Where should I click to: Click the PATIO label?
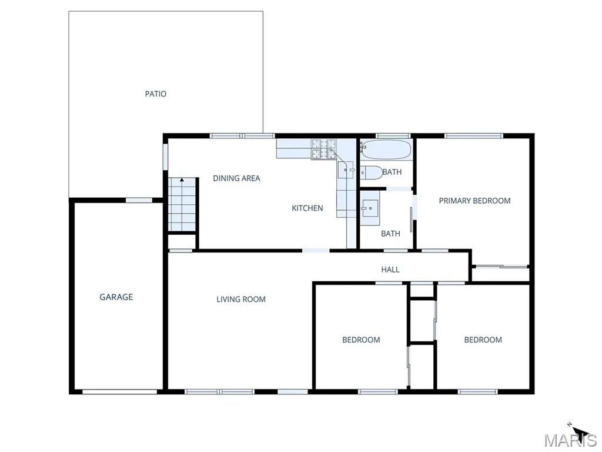click(x=155, y=94)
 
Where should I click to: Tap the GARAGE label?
click(x=116, y=297)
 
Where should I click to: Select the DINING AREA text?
click(x=236, y=178)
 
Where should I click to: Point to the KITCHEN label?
click(x=307, y=208)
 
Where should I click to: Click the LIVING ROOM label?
click(x=240, y=299)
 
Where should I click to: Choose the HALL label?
click(x=390, y=270)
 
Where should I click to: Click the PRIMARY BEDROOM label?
click(x=474, y=201)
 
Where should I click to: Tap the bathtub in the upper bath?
click(x=386, y=150)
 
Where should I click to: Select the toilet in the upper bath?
click(x=372, y=172)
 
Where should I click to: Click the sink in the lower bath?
click(x=370, y=209)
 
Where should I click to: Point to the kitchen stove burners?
click(x=323, y=149)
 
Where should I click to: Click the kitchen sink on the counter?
click(x=346, y=170)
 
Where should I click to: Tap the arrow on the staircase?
click(x=182, y=180)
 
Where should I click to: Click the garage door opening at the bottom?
click(x=120, y=391)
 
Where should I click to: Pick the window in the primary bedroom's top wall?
click(x=473, y=136)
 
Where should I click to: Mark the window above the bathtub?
click(x=393, y=136)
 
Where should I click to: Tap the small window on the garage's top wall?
click(x=139, y=200)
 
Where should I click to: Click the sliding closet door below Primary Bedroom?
click(x=500, y=266)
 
